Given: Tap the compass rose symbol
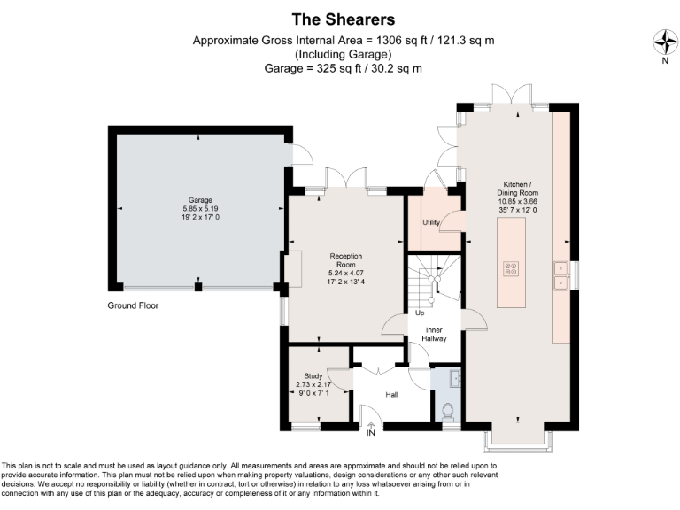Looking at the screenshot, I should pyautogui.click(x=662, y=42).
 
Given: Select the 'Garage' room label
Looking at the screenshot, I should pyautogui.click(x=199, y=200).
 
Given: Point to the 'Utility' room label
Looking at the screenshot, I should pyautogui.click(x=431, y=222).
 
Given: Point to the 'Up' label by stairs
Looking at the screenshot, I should pyautogui.click(x=420, y=313).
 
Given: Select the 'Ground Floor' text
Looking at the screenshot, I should pyautogui.click(x=133, y=305).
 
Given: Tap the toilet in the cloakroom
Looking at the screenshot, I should pyautogui.click(x=447, y=410).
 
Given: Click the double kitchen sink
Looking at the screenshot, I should pyautogui.click(x=561, y=275).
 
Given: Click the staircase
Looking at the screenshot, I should pyautogui.click(x=434, y=279).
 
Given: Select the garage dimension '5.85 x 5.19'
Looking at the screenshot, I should pyautogui.click(x=199, y=209).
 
